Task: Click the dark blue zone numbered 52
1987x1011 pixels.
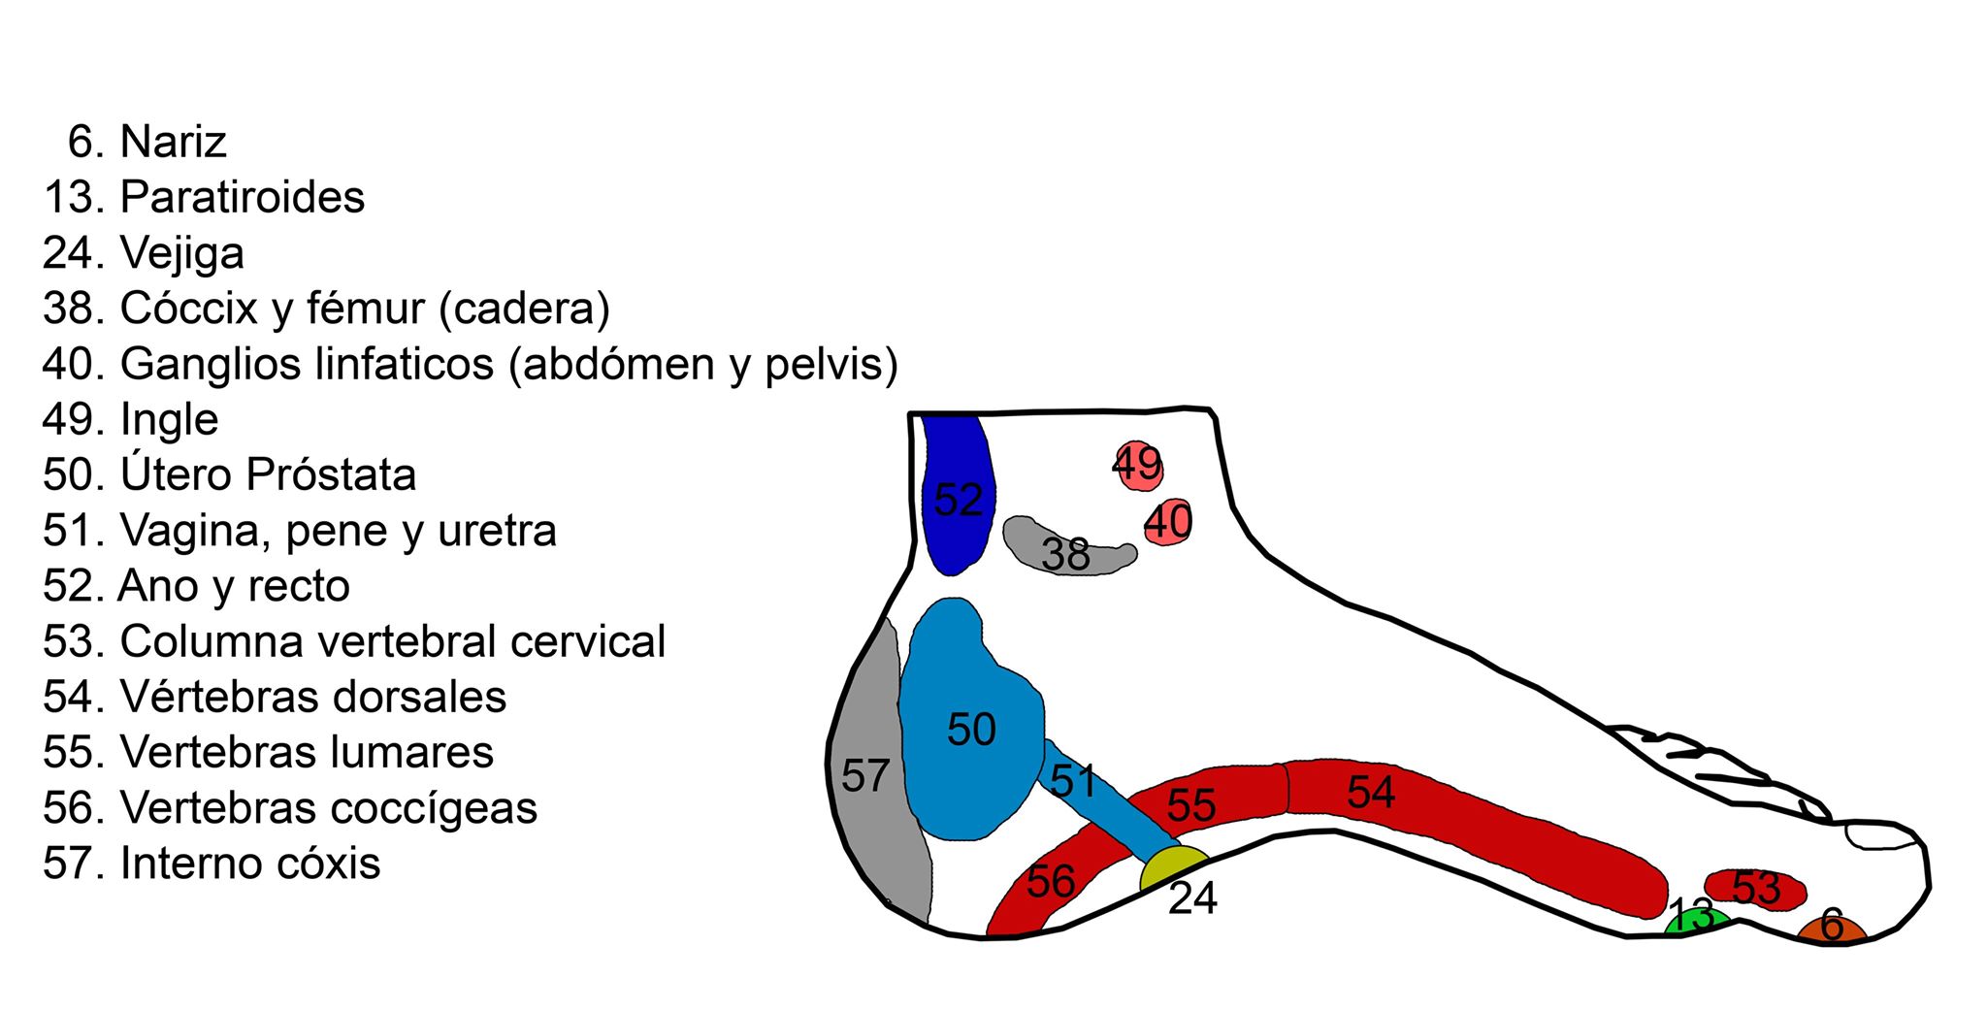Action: [x=956, y=495]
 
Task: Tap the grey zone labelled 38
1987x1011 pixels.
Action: [x=1065, y=551]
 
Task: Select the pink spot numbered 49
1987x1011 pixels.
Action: [x=1137, y=466]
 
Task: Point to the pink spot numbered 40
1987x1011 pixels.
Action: [x=1167, y=522]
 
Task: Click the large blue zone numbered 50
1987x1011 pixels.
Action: [x=970, y=728]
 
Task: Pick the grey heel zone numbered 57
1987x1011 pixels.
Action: [x=869, y=776]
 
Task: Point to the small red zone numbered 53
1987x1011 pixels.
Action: [x=1755, y=888]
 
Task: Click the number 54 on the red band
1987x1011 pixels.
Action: [x=1370, y=792]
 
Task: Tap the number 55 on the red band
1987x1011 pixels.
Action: [x=1190, y=804]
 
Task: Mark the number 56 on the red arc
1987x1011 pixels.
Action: [x=1050, y=881]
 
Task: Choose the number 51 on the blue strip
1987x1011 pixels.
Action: [x=1073, y=780]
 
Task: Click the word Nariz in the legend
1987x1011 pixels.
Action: [x=173, y=142]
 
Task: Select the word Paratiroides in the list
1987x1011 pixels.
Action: [x=242, y=197]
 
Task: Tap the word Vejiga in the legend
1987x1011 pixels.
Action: [x=181, y=253]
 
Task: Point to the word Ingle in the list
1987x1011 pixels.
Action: [x=169, y=419]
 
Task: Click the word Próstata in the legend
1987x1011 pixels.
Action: [x=331, y=474]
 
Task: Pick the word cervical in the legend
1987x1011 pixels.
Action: [x=588, y=641]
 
